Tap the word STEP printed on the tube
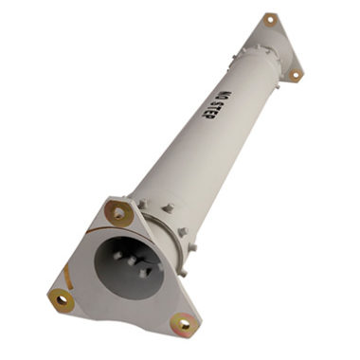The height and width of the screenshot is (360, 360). pos(211,110)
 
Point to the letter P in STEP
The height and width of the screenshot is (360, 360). pos(206,116)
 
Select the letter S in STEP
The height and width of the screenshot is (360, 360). pos(217,104)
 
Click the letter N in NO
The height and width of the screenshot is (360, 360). pos(228,94)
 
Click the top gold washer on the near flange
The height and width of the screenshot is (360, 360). pos(118,213)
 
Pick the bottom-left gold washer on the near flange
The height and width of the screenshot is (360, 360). pos(62,299)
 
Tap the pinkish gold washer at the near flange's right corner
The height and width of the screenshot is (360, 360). pos(184,323)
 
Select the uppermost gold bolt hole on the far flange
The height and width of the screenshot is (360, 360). pos(270,20)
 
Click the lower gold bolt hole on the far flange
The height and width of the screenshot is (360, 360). pos(296,75)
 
